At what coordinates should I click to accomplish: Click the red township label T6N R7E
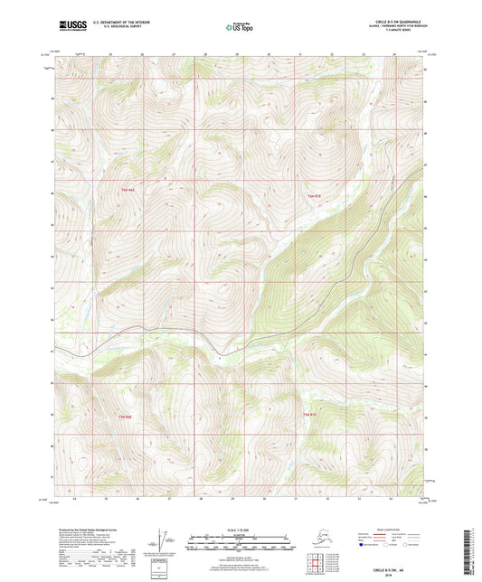[314, 196]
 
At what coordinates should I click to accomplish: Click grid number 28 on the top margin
[206, 56]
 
